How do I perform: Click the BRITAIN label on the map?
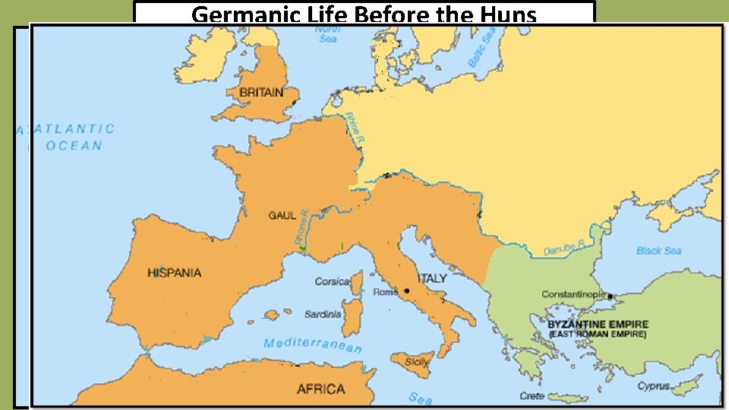tap(260, 93)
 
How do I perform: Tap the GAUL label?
tap(282, 215)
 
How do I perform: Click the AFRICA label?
tap(320, 389)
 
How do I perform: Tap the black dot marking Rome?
tap(407, 291)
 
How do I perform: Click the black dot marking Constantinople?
tap(610, 296)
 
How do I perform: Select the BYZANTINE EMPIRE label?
tap(597, 323)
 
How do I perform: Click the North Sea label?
tap(327, 34)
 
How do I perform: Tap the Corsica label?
tap(332, 281)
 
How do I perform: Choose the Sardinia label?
tap(323, 314)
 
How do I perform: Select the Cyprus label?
tap(653, 386)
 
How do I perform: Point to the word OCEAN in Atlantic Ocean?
tap(74, 145)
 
